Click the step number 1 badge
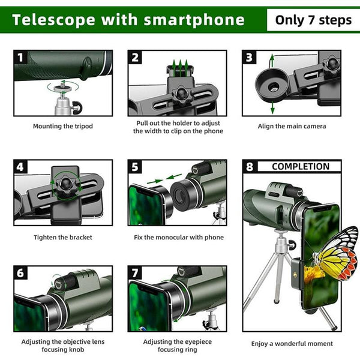(21, 58)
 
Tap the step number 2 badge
(136, 58)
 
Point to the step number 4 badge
(21, 167)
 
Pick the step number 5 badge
(136, 167)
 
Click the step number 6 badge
(21, 274)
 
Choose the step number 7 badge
(136, 274)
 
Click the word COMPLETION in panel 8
(301, 166)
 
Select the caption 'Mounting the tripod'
(62, 126)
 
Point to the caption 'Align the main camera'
(292, 126)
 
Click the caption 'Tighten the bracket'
(62, 237)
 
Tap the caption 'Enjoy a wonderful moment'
(292, 344)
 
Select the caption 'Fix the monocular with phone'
(178, 237)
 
